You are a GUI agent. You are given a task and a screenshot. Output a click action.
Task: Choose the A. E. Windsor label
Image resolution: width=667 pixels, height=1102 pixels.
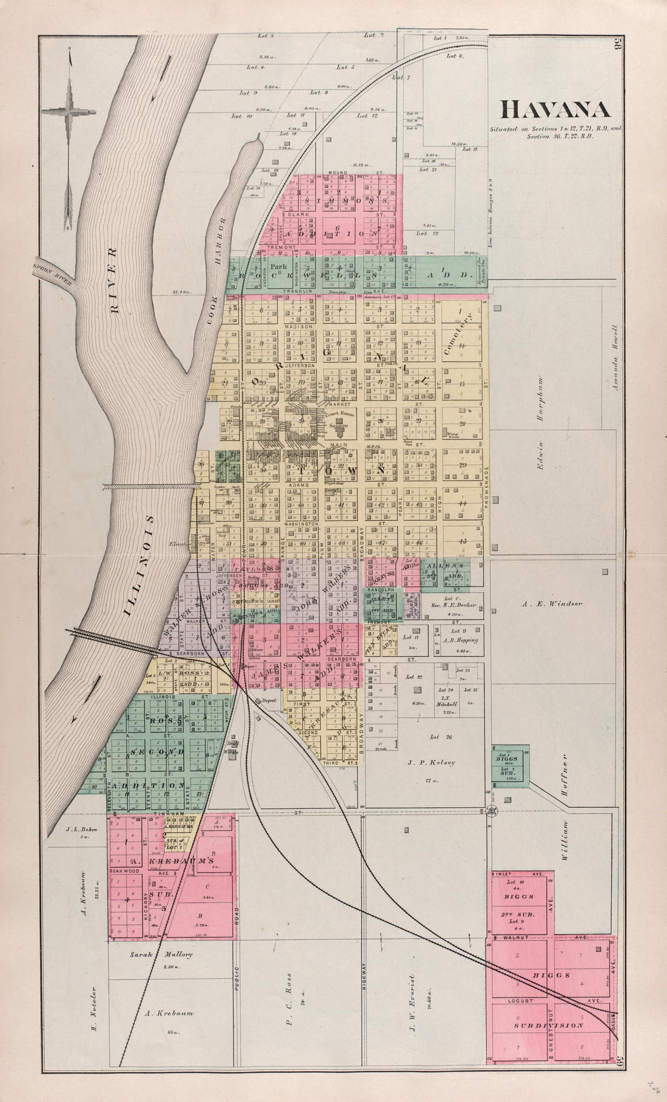point(551,604)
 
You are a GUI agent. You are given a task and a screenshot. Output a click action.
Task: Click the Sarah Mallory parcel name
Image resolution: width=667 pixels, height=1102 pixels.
point(161,955)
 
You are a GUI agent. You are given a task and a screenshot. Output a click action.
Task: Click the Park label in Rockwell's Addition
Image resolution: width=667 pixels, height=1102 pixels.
point(279,266)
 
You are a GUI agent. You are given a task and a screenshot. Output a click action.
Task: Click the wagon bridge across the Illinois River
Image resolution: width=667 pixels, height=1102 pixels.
point(152,486)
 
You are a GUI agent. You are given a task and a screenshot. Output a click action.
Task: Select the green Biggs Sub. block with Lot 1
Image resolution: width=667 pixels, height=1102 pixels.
point(510,765)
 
